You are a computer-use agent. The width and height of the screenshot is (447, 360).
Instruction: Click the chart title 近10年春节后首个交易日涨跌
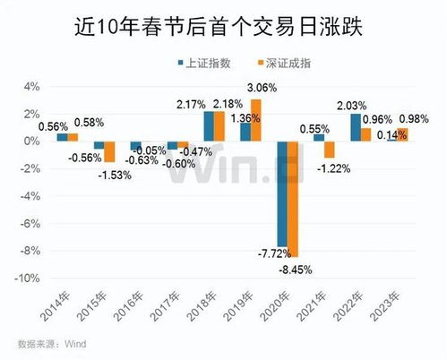(222, 28)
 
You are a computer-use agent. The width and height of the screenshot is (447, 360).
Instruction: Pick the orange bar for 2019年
(256, 120)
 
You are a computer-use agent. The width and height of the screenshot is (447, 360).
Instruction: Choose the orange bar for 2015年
(109, 151)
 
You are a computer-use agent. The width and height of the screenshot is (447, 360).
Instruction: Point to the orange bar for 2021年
(330, 150)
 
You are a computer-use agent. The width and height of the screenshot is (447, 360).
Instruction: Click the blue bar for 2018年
(209, 126)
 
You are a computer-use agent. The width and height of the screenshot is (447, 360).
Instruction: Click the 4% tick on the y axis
(32, 86)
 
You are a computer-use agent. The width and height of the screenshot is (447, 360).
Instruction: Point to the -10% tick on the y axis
(28, 279)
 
